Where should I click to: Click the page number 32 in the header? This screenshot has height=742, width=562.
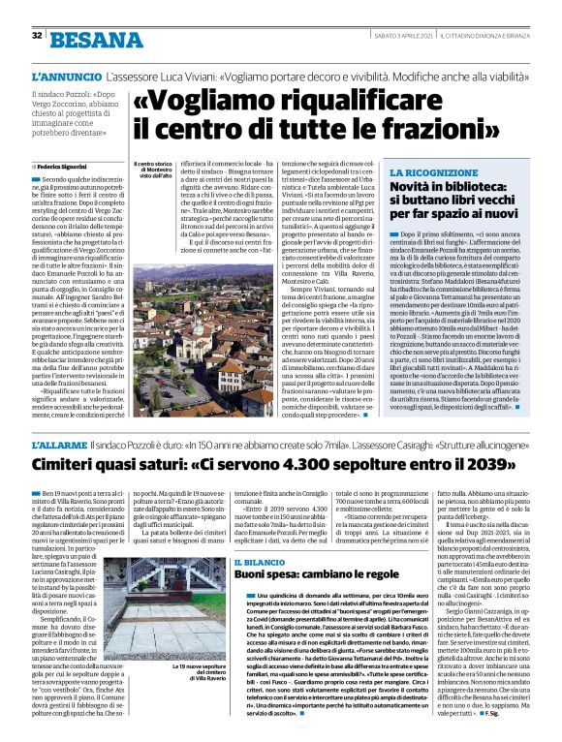pos(37,36)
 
